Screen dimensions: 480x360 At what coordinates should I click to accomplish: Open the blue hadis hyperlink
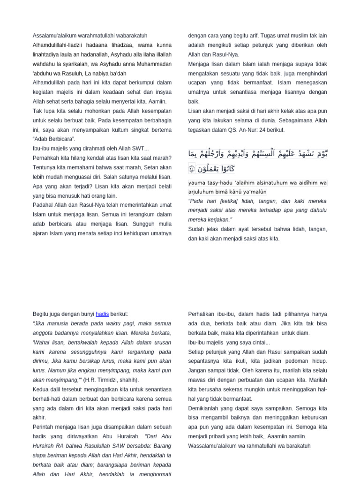point(103,314)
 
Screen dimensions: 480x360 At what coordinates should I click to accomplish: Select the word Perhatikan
point(203,314)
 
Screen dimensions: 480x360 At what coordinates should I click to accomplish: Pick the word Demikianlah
point(205,408)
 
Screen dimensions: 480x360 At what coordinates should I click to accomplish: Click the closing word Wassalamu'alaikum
point(216,446)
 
